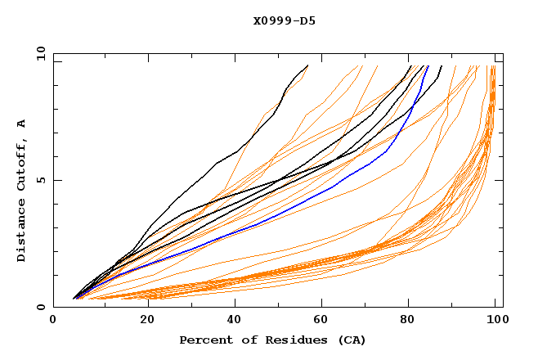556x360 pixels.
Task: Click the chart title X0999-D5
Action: (285, 20)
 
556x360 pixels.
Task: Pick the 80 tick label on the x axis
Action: (408, 321)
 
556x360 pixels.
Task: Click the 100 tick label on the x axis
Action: (495, 321)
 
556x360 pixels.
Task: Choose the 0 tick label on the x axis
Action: (53, 321)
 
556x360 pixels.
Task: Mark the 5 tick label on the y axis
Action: (41, 180)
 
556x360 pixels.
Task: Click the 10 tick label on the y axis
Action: (38, 52)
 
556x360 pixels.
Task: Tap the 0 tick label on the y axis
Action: (41, 307)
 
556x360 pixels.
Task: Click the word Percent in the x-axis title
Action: (204, 340)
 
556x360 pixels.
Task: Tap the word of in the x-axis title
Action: (250, 340)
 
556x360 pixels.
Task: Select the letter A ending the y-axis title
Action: (21, 123)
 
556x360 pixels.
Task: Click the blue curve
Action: (270, 218)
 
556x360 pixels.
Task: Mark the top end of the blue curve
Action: (428, 66)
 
